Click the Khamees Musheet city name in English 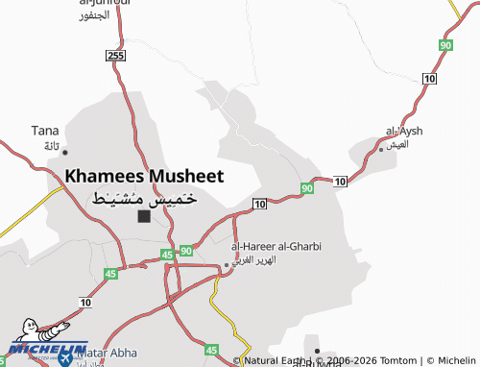[144, 176]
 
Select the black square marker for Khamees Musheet [144, 216]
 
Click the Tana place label [45, 131]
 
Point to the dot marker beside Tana [64, 152]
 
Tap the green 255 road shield [116, 57]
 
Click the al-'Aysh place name [403, 131]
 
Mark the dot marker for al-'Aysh [381, 149]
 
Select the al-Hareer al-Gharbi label [276, 246]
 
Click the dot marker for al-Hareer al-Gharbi [227, 264]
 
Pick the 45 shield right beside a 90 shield [167, 255]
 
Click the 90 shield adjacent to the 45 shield [186, 250]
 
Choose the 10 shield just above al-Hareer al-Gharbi [259, 204]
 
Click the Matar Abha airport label [104, 355]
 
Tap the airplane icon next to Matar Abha [65, 356]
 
